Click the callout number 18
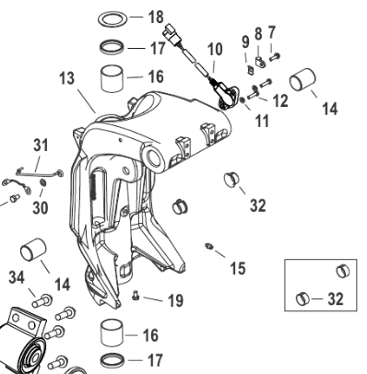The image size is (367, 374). tap(156, 17)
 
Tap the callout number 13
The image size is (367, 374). tap(67, 78)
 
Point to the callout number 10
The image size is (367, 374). tap(215, 49)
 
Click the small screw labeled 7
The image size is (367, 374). tap(275, 56)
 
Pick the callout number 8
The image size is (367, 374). tap(258, 33)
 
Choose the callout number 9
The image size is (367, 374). tap(245, 41)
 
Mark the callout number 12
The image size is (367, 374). tap(280, 100)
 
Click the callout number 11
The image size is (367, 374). tap(262, 121)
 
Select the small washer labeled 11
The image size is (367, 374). tap(243, 99)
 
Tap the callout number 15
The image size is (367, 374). tap(238, 268)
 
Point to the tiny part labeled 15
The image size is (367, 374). tap(209, 246)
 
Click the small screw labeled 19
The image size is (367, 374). tap(136, 296)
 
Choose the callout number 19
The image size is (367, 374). tap(175, 300)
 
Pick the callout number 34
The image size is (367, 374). tap(17, 277)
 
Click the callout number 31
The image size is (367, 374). tap(41, 146)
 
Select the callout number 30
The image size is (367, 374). tap(41, 208)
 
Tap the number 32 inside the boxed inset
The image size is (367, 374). tap(336, 298)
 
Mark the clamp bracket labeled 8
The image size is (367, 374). tap(260, 62)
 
